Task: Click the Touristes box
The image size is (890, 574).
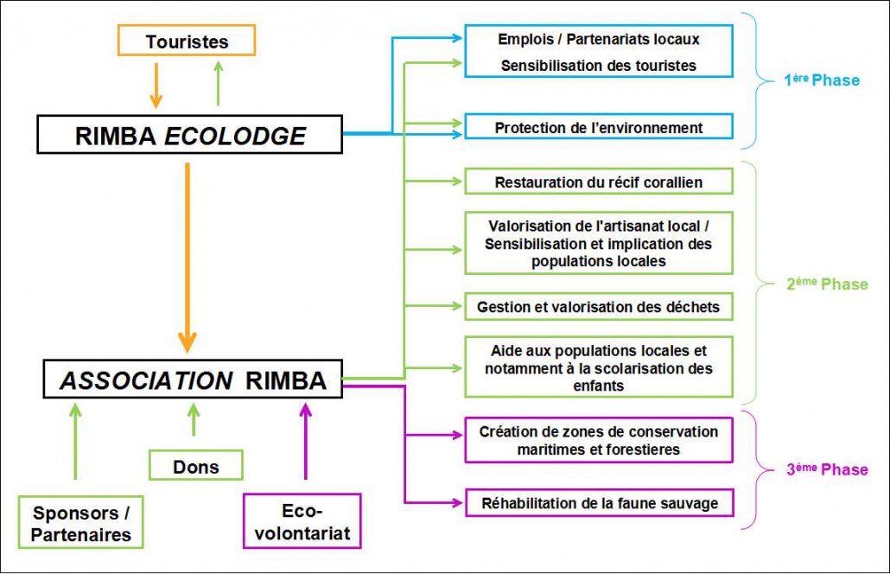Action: point(187,41)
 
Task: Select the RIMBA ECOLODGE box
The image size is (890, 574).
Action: point(190,136)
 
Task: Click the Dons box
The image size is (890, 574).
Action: point(195,466)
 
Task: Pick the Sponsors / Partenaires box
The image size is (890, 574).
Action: point(81,523)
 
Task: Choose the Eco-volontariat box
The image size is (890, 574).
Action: point(302,521)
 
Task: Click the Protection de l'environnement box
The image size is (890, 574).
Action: point(599,128)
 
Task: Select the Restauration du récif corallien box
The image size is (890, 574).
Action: point(599,182)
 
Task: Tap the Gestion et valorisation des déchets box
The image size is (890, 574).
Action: point(599,306)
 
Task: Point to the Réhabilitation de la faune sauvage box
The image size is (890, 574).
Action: point(599,502)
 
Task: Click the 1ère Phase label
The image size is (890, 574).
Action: point(821,80)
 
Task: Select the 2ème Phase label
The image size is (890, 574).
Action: point(826,284)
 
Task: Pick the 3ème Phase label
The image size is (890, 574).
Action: point(826,469)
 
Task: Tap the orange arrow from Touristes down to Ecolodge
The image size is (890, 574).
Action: point(156,86)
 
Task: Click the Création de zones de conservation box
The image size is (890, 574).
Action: point(599,441)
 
